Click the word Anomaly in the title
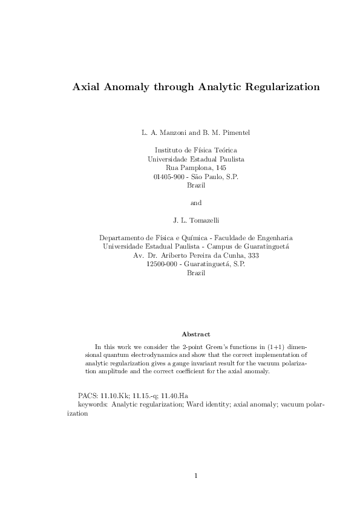click(x=126, y=87)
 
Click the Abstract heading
click(x=196, y=334)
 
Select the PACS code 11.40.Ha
click(x=175, y=395)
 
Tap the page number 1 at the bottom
click(x=196, y=476)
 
